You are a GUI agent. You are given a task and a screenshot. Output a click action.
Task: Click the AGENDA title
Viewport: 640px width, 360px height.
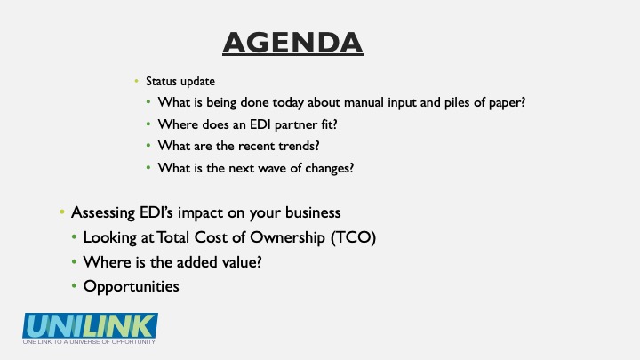[x=293, y=43]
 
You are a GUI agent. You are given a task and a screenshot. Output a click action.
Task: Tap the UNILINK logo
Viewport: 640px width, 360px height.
[x=90, y=325]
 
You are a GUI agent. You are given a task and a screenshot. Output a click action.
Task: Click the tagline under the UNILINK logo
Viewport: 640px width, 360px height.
[x=89, y=341]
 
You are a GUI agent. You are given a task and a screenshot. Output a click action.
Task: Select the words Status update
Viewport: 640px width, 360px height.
[x=180, y=81]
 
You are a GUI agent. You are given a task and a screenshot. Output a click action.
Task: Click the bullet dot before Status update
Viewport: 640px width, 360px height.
[x=136, y=81]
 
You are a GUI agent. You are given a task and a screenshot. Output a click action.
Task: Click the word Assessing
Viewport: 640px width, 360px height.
[x=103, y=213]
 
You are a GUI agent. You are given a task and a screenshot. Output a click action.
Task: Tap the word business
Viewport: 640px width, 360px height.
[x=313, y=212]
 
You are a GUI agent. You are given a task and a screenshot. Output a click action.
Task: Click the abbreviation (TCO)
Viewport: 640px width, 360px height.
[x=353, y=237]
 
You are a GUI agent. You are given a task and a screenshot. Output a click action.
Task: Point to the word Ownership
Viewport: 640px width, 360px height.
[x=287, y=237]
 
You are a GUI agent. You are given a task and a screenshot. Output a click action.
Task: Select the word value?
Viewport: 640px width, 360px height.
[x=242, y=262]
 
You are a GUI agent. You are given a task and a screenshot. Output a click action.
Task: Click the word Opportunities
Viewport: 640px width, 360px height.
[x=131, y=286]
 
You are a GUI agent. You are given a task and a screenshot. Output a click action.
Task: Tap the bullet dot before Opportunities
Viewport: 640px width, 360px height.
[x=74, y=286]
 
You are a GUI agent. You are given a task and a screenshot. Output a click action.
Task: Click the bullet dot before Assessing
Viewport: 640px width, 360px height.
[x=62, y=212]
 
